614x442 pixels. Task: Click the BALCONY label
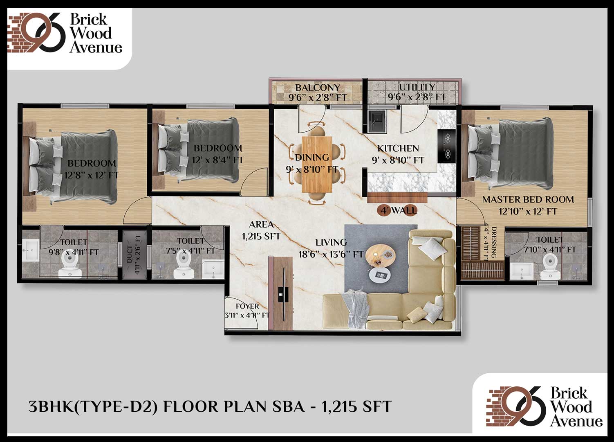[318, 88]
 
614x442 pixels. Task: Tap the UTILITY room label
[417, 87]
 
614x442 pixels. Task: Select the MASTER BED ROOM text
[528, 199]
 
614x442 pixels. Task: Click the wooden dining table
[317, 165]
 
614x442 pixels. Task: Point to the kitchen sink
[378, 121]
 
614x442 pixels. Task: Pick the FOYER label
[247, 306]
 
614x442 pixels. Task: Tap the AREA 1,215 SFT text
[261, 230]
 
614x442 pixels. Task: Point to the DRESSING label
[494, 242]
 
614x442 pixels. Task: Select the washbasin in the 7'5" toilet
[213, 270]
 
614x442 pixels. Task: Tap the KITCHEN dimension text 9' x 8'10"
[398, 160]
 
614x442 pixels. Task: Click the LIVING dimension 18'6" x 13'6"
[331, 255]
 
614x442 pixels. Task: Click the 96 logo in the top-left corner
[44, 32]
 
